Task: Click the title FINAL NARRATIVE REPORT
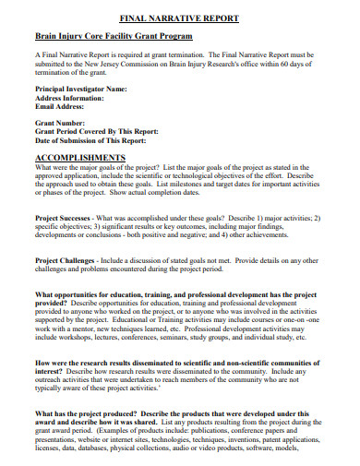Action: [x=181, y=18]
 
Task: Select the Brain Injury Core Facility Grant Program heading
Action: [x=114, y=36]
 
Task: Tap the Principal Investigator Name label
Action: [x=80, y=89]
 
